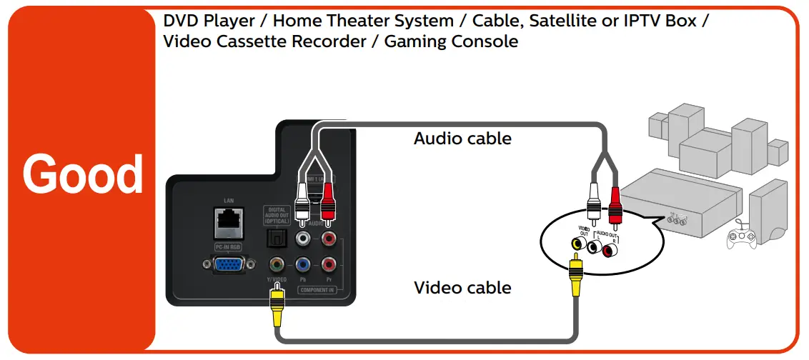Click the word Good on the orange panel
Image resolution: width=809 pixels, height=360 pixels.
82,175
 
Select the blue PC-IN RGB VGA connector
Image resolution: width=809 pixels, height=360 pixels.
228,265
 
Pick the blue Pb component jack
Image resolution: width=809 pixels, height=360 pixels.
303,264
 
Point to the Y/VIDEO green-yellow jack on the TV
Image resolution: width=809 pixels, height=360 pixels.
275,264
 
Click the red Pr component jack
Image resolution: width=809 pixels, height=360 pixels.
329,264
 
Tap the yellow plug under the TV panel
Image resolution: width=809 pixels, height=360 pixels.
276,308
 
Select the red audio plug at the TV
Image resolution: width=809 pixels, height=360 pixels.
328,204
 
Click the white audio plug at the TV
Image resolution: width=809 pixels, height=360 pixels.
302,204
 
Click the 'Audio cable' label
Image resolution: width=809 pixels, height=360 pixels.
462,139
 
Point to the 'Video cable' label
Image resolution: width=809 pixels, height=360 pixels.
462,289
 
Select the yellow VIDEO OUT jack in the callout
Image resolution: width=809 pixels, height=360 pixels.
575,244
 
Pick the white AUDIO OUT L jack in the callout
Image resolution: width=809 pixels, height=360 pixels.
593,247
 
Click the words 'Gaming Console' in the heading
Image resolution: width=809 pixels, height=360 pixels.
451,41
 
